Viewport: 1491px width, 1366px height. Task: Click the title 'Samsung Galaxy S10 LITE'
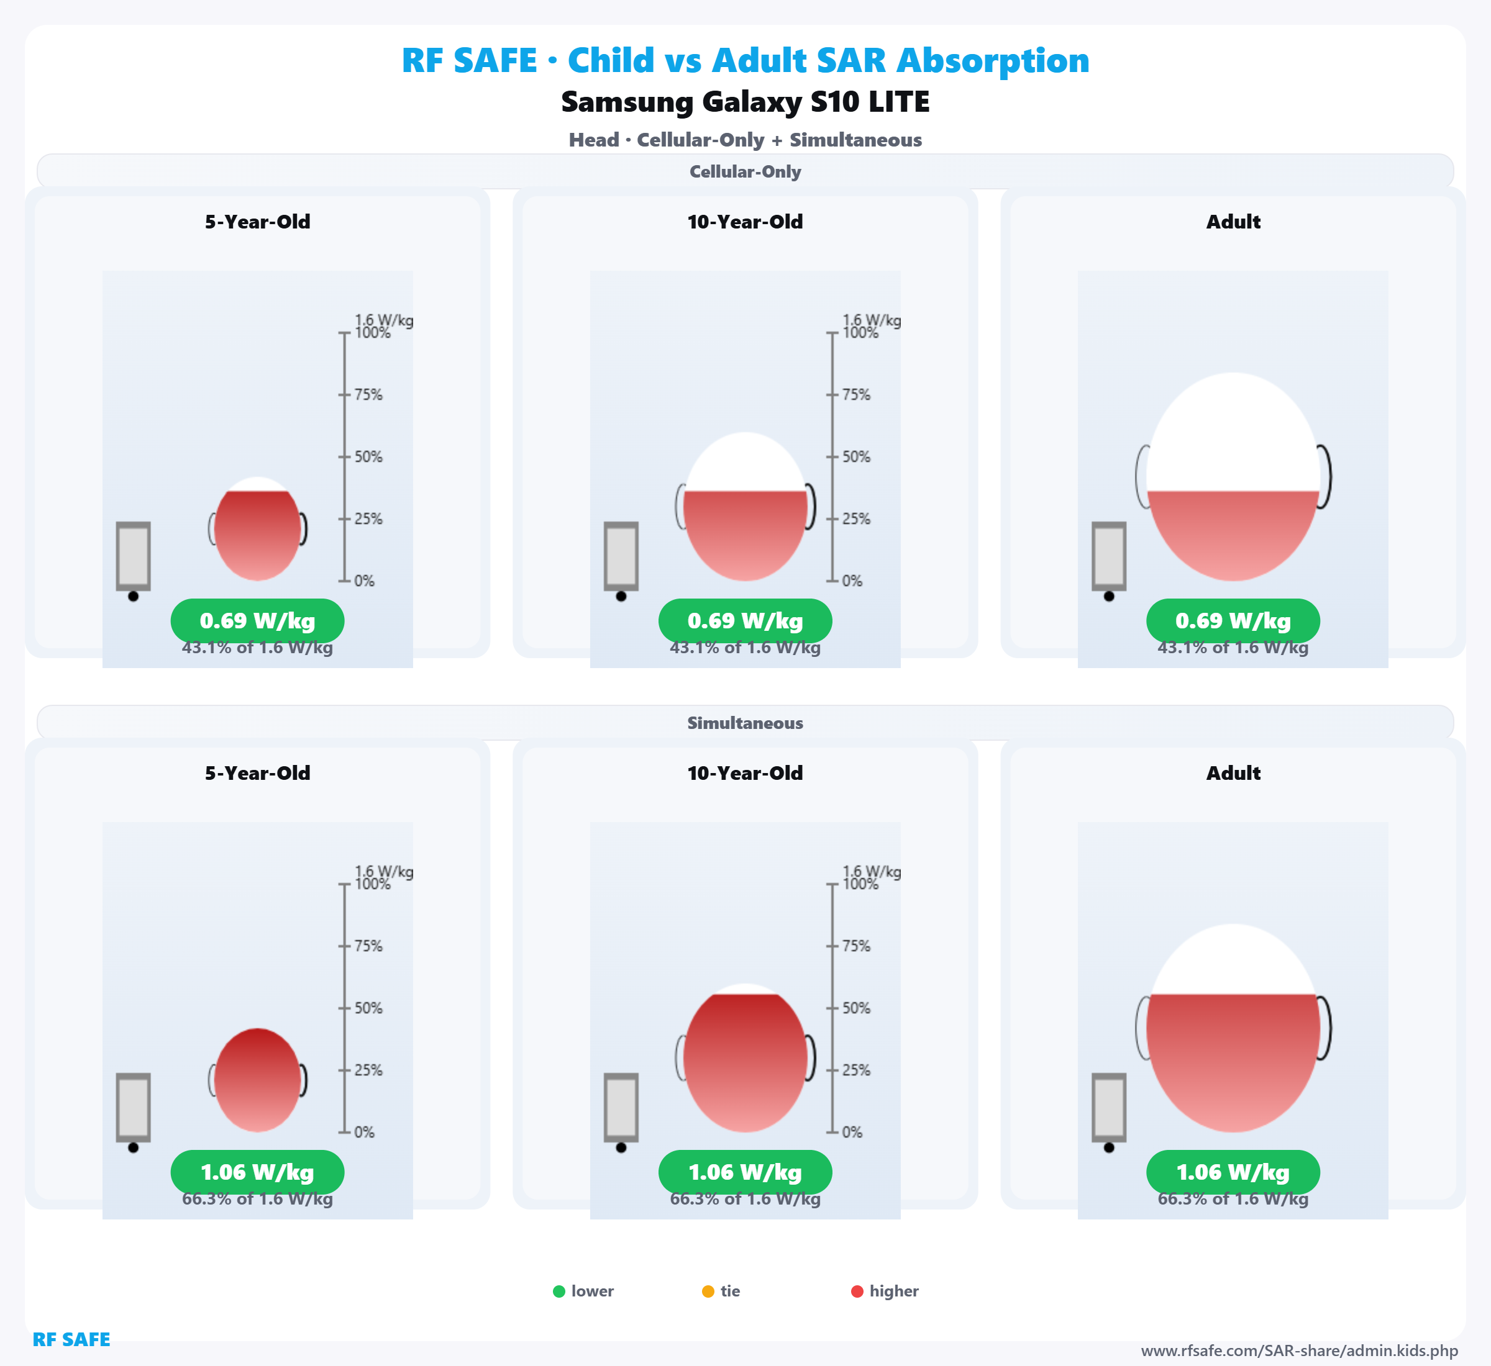click(x=745, y=102)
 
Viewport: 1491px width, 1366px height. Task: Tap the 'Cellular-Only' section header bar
click(x=745, y=171)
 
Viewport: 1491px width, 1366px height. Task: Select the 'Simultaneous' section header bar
click(x=745, y=723)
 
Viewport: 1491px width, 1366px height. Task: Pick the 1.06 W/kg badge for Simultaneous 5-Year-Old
click(x=257, y=1172)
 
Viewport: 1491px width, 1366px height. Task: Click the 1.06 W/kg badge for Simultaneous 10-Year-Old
click(x=745, y=1172)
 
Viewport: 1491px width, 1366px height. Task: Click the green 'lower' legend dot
click(x=559, y=1291)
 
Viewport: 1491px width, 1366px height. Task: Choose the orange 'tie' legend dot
click(x=708, y=1291)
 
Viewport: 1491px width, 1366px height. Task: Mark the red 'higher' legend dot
click(x=857, y=1291)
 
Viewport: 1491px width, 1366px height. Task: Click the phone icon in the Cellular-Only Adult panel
click(x=1109, y=556)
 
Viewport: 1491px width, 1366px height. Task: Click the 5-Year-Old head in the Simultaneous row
click(x=257, y=1080)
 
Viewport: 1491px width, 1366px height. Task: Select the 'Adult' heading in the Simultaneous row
click(x=1233, y=773)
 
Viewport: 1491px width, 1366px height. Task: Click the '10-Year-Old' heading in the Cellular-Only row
click(x=745, y=222)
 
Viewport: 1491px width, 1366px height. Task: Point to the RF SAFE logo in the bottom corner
click(x=71, y=1339)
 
